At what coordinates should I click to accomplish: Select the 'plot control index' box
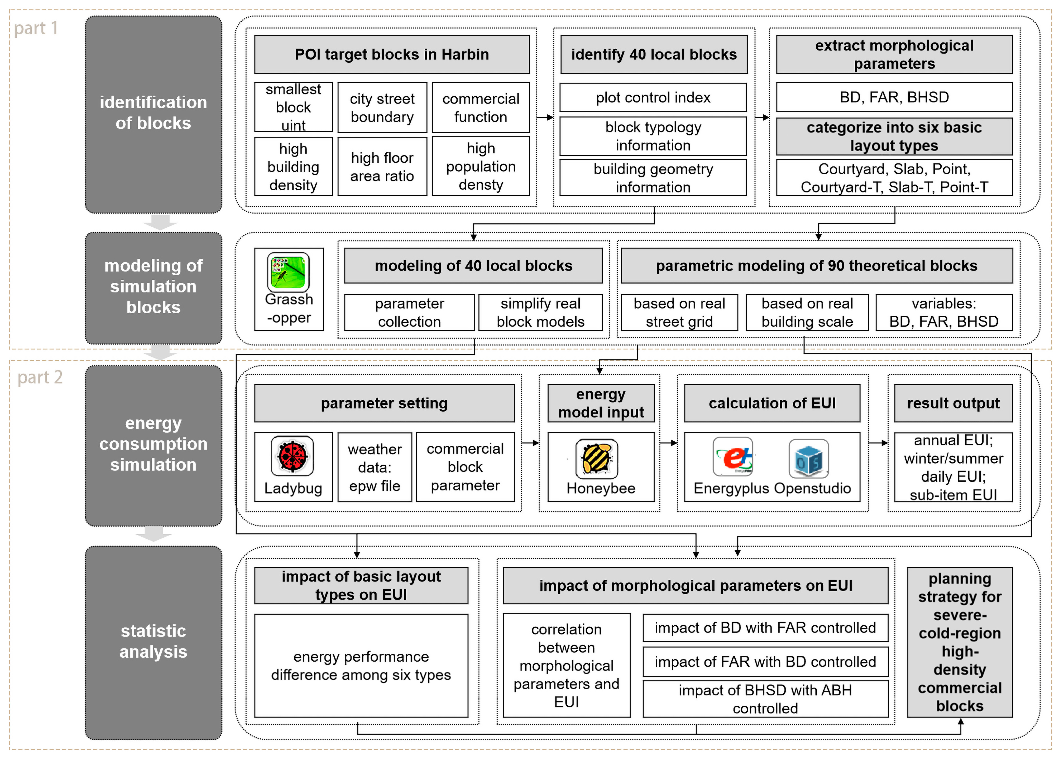(653, 97)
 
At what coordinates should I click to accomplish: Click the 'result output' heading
(953, 403)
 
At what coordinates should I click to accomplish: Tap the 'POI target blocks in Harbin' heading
(392, 54)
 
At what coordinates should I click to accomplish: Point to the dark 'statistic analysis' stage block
(153, 642)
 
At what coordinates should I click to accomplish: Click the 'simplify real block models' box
(540, 312)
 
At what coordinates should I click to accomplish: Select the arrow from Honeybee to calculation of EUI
(668, 442)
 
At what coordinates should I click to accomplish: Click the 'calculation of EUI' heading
(772, 403)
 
